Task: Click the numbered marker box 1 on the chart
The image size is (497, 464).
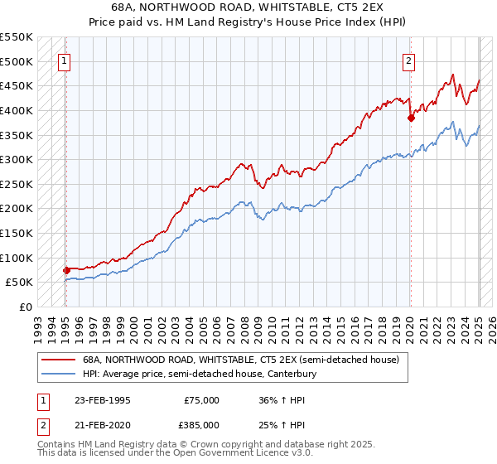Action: pyautogui.click(x=65, y=60)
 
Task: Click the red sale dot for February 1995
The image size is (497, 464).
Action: pyautogui.click(x=66, y=270)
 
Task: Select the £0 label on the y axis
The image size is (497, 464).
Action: pyautogui.click(x=25, y=307)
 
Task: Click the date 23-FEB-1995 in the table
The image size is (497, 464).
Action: pyautogui.click(x=102, y=400)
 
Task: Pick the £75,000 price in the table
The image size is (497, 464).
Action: pyautogui.click(x=200, y=400)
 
